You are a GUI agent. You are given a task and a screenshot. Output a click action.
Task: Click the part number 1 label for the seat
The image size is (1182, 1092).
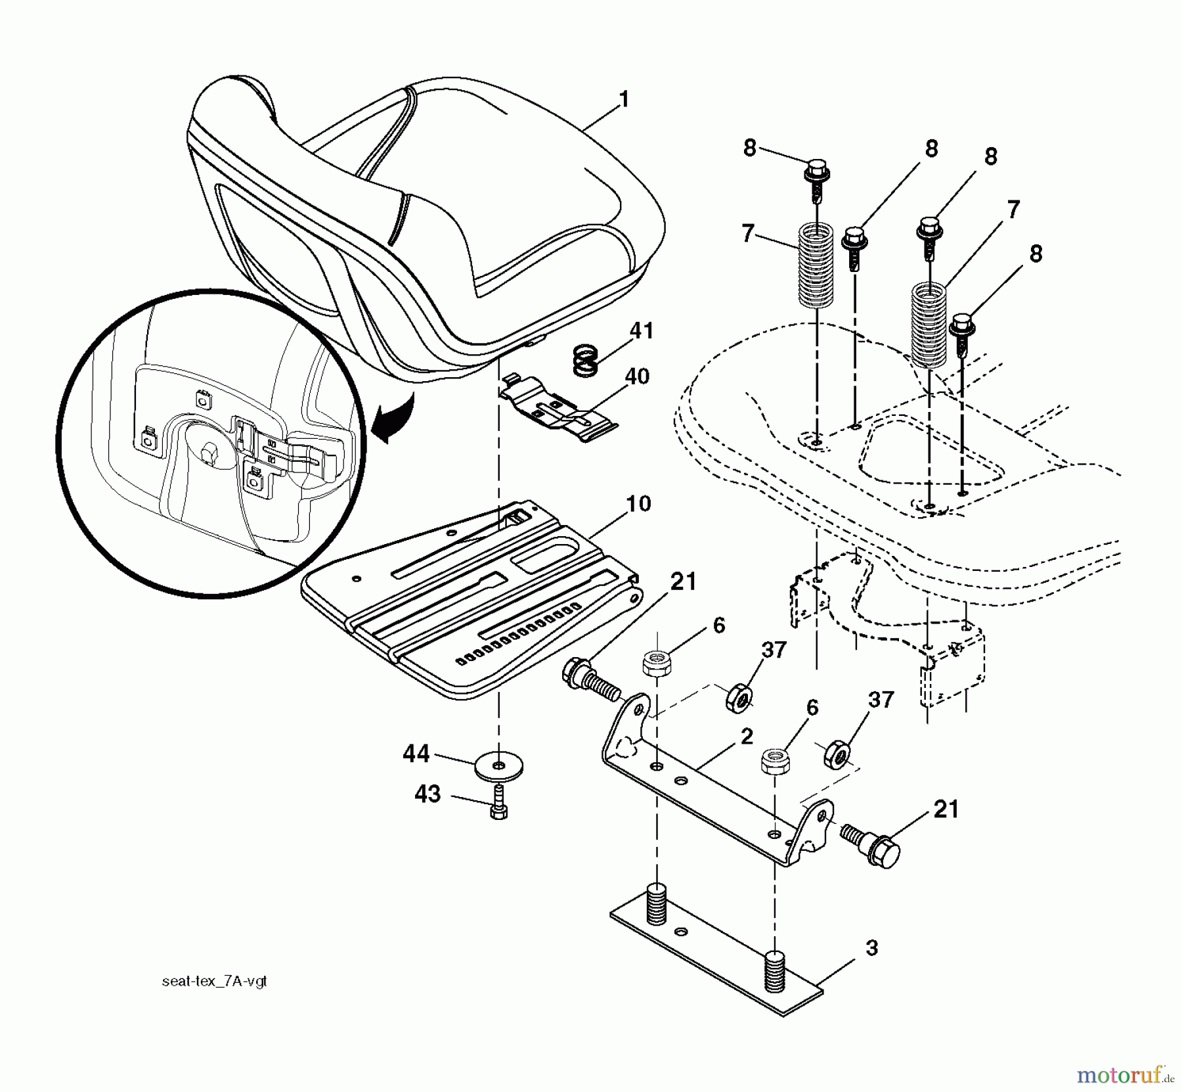click(623, 100)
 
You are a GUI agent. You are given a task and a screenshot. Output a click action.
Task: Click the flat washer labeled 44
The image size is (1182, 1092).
click(499, 766)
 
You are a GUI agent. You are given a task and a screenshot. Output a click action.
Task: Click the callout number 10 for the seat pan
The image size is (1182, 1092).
click(638, 504)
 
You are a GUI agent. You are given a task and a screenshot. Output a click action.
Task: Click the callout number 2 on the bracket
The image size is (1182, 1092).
click(746, 737)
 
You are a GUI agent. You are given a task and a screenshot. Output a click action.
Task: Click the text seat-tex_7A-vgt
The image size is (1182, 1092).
click(214, 982)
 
